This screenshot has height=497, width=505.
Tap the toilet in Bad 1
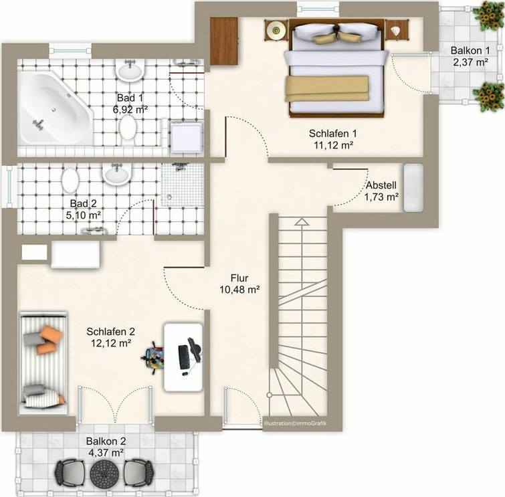[x=128, y=128]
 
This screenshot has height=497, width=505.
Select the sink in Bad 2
[x=116, y=173]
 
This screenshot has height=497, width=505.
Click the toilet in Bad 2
[x=70, y=181]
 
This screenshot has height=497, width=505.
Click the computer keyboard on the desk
[x=183, y=357]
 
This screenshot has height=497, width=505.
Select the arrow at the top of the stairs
[x=302, y=221]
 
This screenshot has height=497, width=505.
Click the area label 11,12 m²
[x=333, y=145]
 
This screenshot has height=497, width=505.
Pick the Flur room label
[x=239, y=278]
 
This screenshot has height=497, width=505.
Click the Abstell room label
[x=381, y=185]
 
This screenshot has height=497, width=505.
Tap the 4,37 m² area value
[x=106, y=453]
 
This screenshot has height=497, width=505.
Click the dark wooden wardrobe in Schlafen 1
[x=224, y=41]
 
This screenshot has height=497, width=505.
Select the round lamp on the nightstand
[x=276, y=30]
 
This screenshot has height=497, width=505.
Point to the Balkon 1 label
[x=470, y=50]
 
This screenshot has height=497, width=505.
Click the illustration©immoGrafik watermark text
[x=295, y=423]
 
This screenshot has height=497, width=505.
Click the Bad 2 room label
[x=84, y=203]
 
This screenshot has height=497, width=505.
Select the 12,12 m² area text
[x=111, y=343]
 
